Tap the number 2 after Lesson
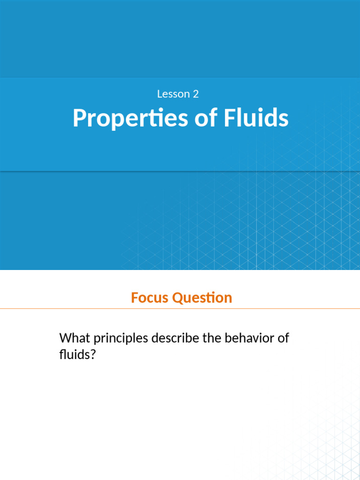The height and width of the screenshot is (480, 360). [x=195, y=94]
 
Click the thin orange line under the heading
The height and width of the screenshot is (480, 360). [x=180, y=308]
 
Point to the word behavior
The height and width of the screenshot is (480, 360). [x=251, y=338]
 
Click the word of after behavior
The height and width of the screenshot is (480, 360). [x=283, y=338]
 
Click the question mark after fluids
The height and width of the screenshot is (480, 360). [x=92, y=355]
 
